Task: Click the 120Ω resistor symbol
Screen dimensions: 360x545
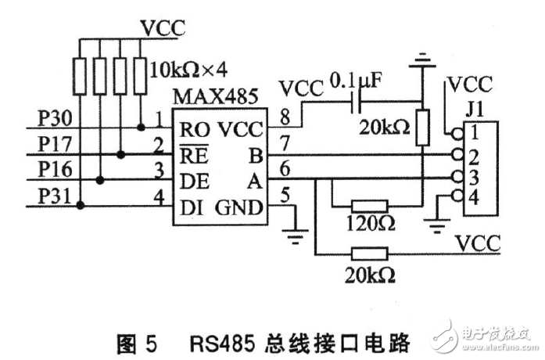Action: coord(370,206)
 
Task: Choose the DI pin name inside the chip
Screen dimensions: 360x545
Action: coord(188,208)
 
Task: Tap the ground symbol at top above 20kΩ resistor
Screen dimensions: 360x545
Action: coord(422,61)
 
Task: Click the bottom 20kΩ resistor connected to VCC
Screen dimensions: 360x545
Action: coord(370,254)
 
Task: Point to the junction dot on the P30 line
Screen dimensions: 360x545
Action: coord(141,127)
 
